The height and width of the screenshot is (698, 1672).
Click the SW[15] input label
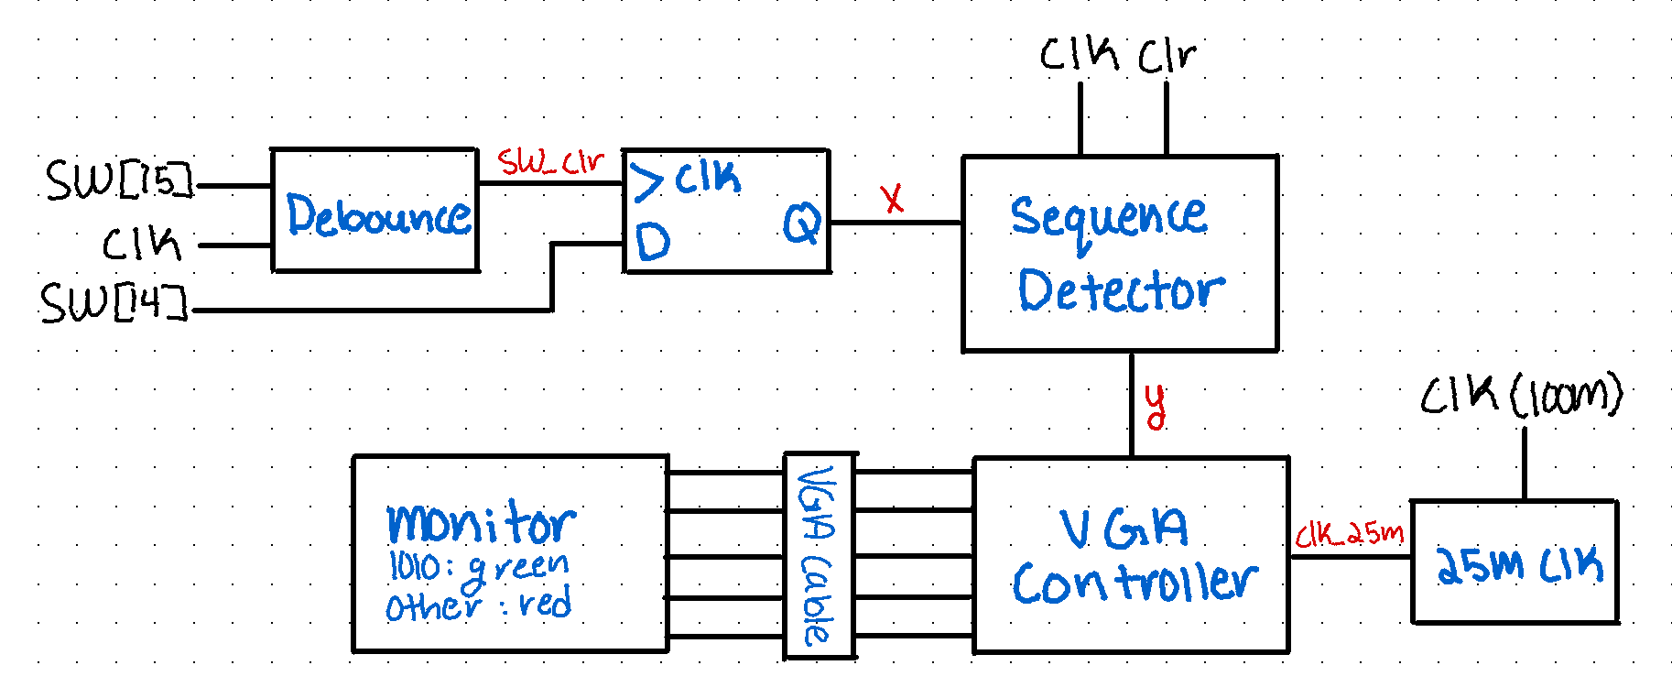coord(120,180)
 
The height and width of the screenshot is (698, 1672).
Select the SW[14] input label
coord(114,303)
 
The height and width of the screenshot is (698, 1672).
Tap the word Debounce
coord(378,215)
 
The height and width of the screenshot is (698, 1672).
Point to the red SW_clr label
coord(550,163)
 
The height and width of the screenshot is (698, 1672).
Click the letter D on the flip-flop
coord(653,243)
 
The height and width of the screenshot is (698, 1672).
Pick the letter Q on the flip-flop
coord(801,224)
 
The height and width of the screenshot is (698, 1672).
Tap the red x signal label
coord(892,199)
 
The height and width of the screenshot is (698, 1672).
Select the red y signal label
coord(1156,406)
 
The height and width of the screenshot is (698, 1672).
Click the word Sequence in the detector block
coord(1108,218)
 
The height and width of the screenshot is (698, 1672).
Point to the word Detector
coord(1121,290)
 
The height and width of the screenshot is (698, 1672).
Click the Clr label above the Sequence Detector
coord(1167,57)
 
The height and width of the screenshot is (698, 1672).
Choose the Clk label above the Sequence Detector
coord(1079,55)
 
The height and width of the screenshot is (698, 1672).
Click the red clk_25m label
coord(1349,534)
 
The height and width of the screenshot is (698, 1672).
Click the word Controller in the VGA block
coord(1135,583)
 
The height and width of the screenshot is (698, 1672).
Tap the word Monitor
coord(481,523)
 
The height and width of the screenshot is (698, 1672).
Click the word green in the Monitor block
coord(518,567)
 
